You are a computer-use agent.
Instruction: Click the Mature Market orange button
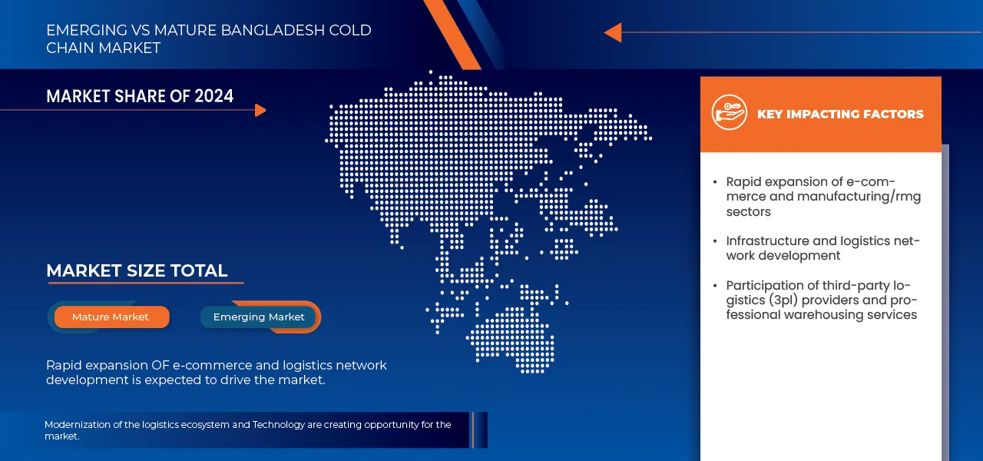111,317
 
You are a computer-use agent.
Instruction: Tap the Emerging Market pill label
259,317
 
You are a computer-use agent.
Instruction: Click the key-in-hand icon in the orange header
729,112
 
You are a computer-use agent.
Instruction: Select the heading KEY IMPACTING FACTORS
840,114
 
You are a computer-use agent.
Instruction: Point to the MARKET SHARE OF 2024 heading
140,96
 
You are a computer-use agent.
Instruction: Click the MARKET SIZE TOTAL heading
137,270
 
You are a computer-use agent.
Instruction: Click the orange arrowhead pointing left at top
613,32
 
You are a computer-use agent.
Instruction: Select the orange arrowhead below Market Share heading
260,110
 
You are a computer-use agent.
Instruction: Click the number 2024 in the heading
214,96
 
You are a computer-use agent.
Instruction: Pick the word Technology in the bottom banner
278,425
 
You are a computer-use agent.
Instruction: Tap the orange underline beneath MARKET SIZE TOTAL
146,284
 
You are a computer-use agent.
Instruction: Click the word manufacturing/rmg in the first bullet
859,197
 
